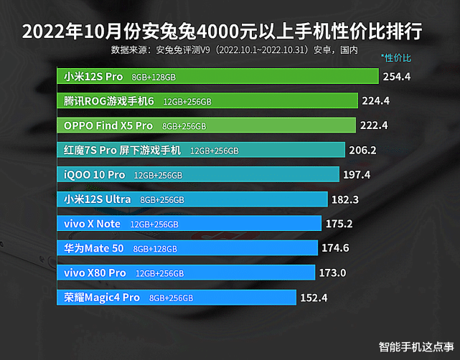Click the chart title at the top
[x=222, y=32]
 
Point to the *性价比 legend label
[x=397, y=57]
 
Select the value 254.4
[x=397, y=76]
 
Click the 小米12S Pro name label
[x=93, y=76]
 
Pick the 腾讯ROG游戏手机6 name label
[x=109, y=101]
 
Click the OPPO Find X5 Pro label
[x=108, y=125]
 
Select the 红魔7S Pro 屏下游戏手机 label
[x=123, y=151]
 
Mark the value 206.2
[x=362, y=151]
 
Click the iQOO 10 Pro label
[x=95, y=175]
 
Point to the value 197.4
[x=357, y=175]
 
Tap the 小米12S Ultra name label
[x=98, y=199]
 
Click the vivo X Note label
[x=93, y=224]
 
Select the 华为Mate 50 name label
[x=94, y=249]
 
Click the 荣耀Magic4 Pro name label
[x=102, y=297]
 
